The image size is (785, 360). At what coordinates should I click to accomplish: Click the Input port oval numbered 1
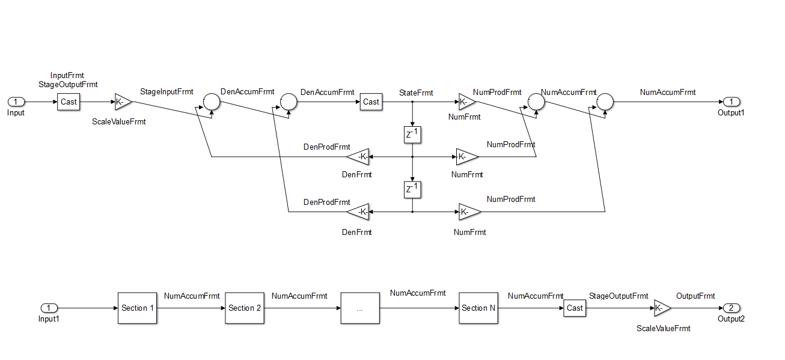(16, 102)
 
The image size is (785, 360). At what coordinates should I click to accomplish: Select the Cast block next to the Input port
(69, 102)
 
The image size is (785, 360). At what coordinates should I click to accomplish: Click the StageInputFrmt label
(166, 92)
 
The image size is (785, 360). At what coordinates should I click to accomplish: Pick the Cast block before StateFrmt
(371, 102)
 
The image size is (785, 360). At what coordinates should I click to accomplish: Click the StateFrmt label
(416, 93)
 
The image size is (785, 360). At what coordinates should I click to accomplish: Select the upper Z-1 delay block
(412, 135)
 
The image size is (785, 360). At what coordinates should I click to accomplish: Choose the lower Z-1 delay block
(412, 189)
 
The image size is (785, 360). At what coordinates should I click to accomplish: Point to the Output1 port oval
(732, 102)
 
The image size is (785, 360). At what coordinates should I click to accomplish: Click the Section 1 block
(138, 308)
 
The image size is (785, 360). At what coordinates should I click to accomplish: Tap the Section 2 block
(245, 308)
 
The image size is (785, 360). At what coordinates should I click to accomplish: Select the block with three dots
(359, 308)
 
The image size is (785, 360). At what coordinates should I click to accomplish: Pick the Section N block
(478, 308)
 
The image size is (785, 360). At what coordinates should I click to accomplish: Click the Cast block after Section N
(575, 308)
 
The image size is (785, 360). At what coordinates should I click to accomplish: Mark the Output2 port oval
(731, 308)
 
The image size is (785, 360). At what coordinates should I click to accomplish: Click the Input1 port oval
(49, 308)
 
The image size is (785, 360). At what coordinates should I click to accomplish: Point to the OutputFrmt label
(695, 296)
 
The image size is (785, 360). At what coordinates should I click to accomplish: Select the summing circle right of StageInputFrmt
(211, 102)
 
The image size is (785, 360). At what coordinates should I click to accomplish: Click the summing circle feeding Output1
(604, 102)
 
